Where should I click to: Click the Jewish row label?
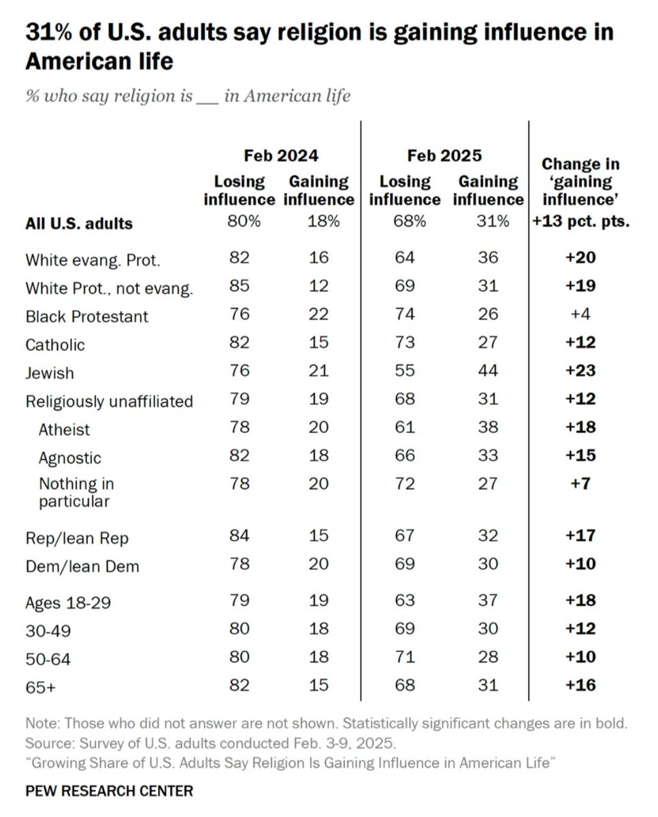tap(50, 373)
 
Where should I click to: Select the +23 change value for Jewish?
tap(580, 370)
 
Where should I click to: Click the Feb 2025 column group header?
tap(444, 156)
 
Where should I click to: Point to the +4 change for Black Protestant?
tap(580, 314)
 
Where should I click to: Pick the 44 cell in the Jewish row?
tap(487, 370)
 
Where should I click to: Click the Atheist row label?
tap(64, 430)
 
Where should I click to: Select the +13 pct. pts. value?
tap(580, 222)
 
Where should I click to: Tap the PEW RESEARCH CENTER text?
tap(109, 790)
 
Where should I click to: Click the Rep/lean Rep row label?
tap(77, 538)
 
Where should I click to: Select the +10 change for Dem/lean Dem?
tap(580, 564)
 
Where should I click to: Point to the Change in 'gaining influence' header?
tap(580, 182)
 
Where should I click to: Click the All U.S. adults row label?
tap(79, 223)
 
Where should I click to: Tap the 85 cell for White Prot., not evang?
tap(240, 285)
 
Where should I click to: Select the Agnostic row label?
tap(70, 458)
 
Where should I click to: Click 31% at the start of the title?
tap(48, 32)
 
